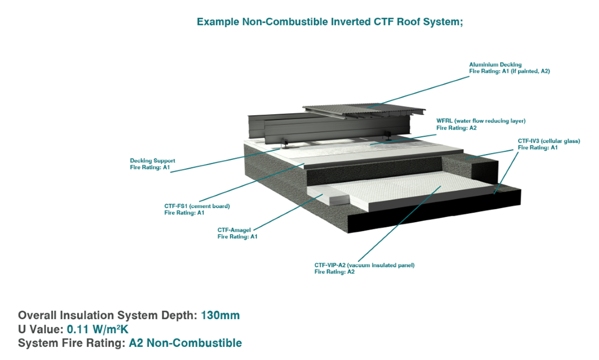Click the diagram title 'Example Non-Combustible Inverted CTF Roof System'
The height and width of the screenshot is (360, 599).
pyautogui.click(x=330, y=22)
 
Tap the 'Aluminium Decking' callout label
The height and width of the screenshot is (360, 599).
pyautogui.click(x=495, y=65)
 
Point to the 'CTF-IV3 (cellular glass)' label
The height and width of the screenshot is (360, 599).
pyautogui.click(x=549, y=141)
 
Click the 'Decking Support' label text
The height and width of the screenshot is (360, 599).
pyautogui.click(x=152, y=161)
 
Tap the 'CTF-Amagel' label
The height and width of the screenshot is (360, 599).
pyautogui.click(x=234, y=230)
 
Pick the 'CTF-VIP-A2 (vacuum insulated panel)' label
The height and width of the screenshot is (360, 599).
pyautogui.click(x=364, y=265)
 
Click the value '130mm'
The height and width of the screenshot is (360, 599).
pyautogui.click(x=221, y=316)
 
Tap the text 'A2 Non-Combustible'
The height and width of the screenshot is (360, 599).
pyautogui.click(x=185, y=343)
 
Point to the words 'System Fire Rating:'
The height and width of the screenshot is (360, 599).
pyautogui.click(x=72, y=343)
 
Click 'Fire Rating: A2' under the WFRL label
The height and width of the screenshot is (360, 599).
pyautogui.click(x=456, y=128)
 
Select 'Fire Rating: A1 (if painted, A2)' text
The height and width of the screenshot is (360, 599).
pyautogui.click(x=509, y=72)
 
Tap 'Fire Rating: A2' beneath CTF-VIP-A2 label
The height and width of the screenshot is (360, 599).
pyautogui.click(x=334, y=272)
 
